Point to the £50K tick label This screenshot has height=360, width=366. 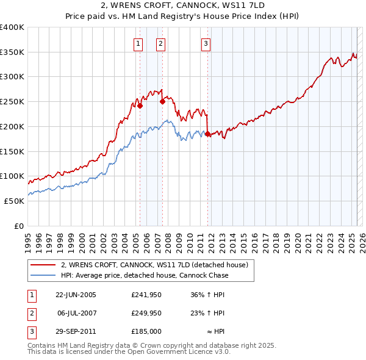point(14,201)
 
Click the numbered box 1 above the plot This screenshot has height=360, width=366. point(139,43)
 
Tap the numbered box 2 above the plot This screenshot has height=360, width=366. point(160,43)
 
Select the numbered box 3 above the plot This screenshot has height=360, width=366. point(206,43)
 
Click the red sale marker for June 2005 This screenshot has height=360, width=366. point(140,106)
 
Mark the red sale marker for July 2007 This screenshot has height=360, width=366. point(162,102)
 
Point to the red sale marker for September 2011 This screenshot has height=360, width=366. point(208,134)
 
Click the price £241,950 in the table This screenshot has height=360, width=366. point(146,295)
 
